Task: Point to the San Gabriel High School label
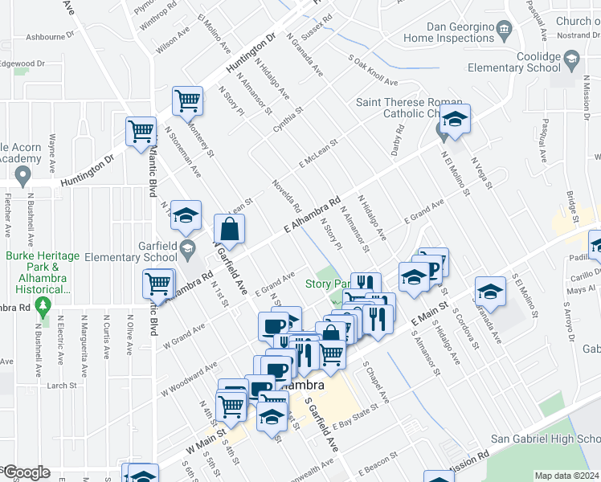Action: (x=545, y=439)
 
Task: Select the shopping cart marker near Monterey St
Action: (x=187, y=101)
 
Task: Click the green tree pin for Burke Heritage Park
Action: (x=45, y=304)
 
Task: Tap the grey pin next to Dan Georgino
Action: (x=505, y=31)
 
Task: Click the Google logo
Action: (x=26, y=472)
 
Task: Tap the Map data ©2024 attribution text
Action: (x=566, y=476)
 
